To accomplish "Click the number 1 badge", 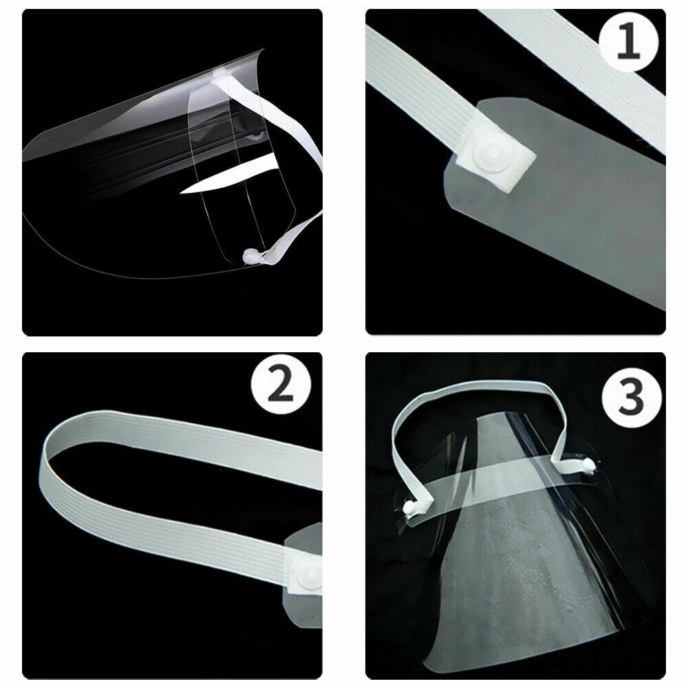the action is click(628, 42).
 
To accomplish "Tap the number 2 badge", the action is click(281, 385).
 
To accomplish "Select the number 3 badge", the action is click(632, 398).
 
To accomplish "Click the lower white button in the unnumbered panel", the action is click(252, 256).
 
